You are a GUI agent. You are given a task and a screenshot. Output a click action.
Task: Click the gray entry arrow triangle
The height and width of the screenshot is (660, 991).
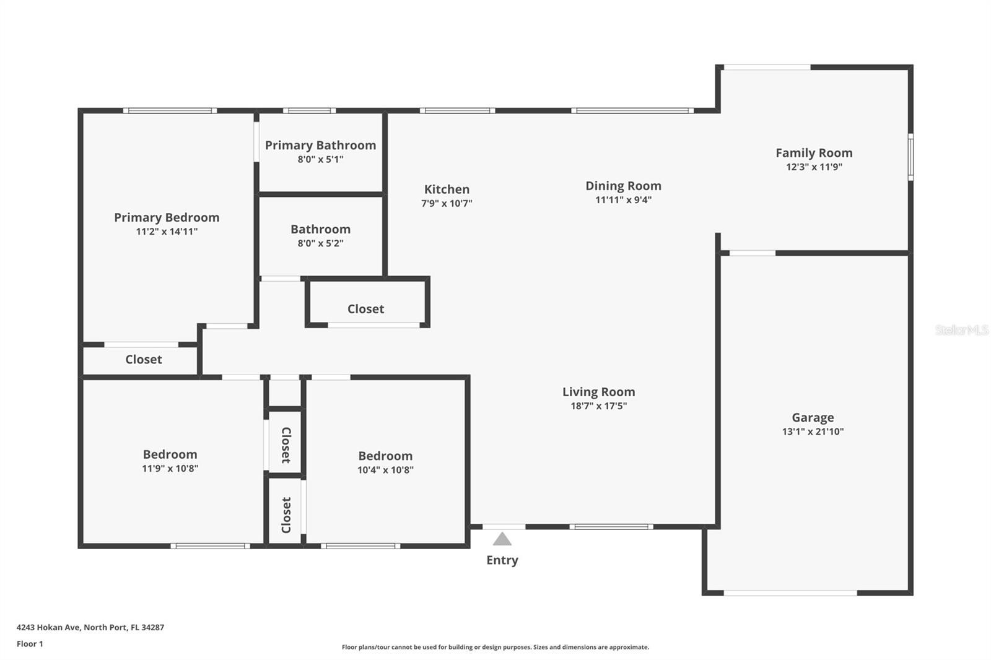[502, 539]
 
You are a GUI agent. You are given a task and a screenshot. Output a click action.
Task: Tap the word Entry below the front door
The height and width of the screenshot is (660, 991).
[502, 560]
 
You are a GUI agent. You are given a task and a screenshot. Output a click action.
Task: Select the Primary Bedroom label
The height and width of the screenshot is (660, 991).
[167, 217]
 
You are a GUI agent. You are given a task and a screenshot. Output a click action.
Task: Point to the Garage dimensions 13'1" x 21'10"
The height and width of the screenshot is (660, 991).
[813, 432]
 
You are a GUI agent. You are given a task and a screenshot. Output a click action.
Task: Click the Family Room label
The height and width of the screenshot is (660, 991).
[814, 152]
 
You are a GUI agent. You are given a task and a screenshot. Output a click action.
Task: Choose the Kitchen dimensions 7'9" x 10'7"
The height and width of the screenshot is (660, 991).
[447, 203]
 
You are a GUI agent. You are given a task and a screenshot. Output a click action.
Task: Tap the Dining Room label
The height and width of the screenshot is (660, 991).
[623, 186]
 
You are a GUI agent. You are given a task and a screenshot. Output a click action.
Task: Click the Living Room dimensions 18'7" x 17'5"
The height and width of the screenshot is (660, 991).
[598, 406]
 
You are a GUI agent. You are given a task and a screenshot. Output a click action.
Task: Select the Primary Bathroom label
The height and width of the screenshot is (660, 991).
[320, 145]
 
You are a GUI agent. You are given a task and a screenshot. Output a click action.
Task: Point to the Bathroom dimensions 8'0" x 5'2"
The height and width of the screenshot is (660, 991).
[320, 243]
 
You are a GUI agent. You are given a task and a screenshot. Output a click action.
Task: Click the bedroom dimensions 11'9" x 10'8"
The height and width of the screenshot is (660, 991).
[170, 468]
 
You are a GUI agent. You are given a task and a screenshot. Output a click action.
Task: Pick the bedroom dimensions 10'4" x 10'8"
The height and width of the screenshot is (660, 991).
[385, 469]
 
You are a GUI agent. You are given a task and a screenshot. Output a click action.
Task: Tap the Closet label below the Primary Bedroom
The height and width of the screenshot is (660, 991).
[143, 359]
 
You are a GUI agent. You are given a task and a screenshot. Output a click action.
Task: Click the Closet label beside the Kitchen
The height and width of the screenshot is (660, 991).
[365, 309]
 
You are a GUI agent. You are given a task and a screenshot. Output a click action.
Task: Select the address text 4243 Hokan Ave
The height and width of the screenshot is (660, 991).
[49, 627]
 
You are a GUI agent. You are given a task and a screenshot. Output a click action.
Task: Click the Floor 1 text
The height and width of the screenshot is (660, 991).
[30, 644]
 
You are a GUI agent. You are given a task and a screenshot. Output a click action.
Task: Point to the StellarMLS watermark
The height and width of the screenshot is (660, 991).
[962, 329]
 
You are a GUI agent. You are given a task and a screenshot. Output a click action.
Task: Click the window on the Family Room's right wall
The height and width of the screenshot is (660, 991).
[910, 157]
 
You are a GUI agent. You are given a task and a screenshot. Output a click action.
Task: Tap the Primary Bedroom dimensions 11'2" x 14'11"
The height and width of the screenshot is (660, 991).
[167, 232]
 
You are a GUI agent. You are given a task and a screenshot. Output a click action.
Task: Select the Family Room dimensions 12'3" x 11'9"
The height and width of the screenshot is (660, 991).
[814, 167]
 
